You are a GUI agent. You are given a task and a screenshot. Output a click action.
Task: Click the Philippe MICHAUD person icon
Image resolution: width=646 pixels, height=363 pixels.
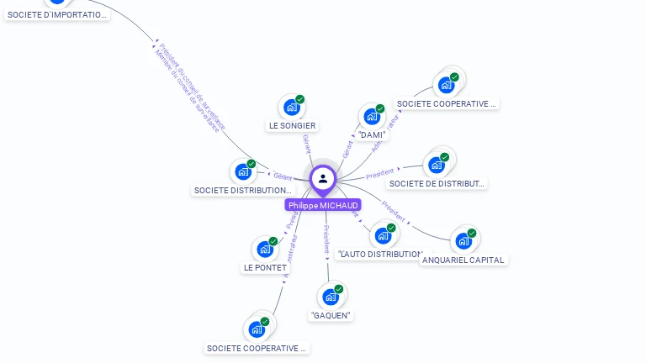[323, 178]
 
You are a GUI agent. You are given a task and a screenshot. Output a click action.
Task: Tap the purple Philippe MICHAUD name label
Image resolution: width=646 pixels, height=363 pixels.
[323, 205]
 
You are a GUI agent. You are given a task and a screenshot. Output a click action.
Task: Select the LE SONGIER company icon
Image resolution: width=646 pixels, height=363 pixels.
[291, 107]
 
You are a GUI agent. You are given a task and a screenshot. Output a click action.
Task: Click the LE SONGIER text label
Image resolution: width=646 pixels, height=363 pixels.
[292, 126]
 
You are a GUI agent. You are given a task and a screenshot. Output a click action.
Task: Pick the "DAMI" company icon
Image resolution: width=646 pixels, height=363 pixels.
[371, 116]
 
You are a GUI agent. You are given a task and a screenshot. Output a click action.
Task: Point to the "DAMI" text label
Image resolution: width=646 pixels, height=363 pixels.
[372, 134]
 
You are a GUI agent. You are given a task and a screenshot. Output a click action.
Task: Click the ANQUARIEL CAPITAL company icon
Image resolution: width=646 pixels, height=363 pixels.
[463, 241]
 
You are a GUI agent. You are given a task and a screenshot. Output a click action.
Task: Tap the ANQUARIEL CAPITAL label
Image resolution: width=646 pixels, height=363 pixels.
[463, 260]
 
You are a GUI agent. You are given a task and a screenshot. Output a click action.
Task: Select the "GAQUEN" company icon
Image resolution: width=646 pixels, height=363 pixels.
[330, 297]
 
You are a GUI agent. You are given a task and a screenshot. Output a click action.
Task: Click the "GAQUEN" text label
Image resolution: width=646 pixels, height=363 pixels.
[331, 316]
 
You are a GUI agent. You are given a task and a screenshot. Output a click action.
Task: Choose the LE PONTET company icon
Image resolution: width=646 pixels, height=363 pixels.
[264, 249]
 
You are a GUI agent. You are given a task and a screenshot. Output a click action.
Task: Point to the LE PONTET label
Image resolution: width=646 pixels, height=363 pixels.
[265, 268]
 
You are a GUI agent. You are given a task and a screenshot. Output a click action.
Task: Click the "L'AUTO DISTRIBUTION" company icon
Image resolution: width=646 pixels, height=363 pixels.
[383, 235]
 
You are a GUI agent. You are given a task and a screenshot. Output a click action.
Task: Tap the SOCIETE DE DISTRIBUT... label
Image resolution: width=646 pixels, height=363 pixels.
[437, 184]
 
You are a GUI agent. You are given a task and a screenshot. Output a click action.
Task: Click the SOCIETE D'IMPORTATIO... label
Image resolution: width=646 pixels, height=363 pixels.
[57, 15]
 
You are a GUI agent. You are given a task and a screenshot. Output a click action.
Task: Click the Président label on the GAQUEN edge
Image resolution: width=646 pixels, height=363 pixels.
[326, 239]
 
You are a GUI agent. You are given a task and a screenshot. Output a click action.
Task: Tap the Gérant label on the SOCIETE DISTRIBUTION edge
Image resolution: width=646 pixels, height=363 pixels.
[283, 176]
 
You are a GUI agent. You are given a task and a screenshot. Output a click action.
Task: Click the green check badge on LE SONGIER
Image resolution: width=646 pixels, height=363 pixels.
[300, 99]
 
